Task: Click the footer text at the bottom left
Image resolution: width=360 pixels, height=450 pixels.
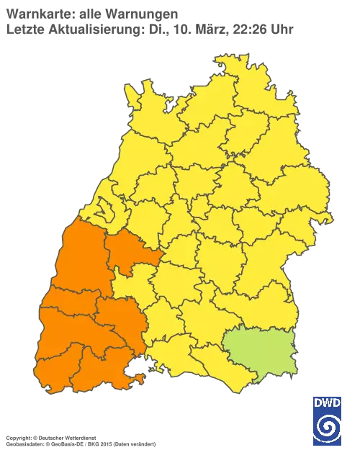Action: click(79, 438)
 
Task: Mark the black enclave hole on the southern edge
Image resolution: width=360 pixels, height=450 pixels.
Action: click(134, 374)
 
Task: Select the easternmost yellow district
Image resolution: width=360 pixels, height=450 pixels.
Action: click(317, 216)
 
